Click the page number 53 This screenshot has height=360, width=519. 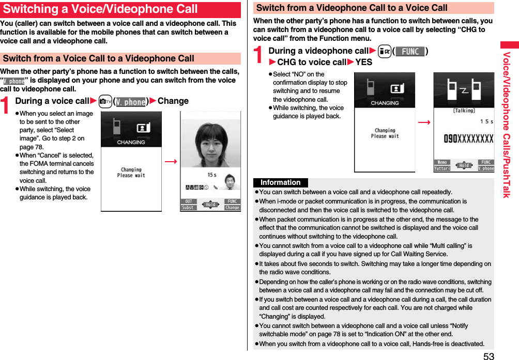point(489,355)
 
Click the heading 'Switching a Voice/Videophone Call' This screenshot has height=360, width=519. point(100,9)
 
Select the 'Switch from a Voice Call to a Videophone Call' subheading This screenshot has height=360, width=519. point(99,58)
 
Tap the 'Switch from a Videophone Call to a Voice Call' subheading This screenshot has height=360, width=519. point(352,8)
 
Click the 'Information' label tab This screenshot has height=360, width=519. point(281,182)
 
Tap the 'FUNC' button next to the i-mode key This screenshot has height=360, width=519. point(409,51)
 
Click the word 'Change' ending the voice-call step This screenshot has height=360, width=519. point(173,101)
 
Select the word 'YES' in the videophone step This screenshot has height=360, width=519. point(364,62)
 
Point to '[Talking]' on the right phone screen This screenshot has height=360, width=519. point(464,111)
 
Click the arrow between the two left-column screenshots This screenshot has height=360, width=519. point(171,162)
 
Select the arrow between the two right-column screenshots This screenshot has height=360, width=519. point(424,122)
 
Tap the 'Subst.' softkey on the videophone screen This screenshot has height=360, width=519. point(188,208)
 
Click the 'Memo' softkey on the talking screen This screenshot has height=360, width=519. point(442,162)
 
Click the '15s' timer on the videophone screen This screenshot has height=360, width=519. point(212,175)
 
